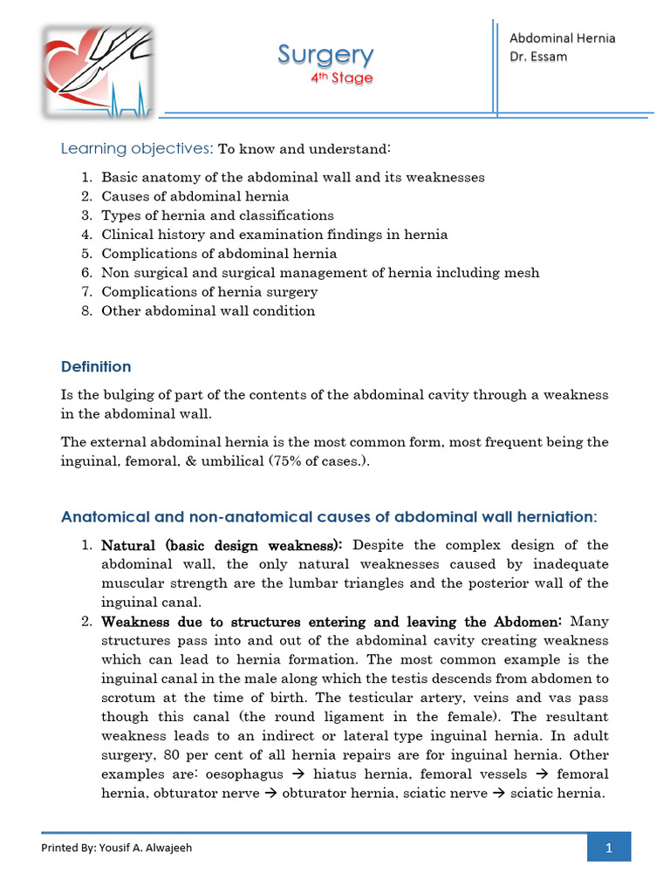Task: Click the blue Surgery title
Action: [325, 55]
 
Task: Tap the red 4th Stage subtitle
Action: [342, 78]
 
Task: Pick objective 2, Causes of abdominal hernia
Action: [195, 196]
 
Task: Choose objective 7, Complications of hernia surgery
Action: [209, 292]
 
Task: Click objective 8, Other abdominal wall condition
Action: [208, 311]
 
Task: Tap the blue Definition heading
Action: [96, 367]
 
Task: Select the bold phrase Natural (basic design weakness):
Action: [222, 546]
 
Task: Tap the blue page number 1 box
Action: [608, 848]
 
